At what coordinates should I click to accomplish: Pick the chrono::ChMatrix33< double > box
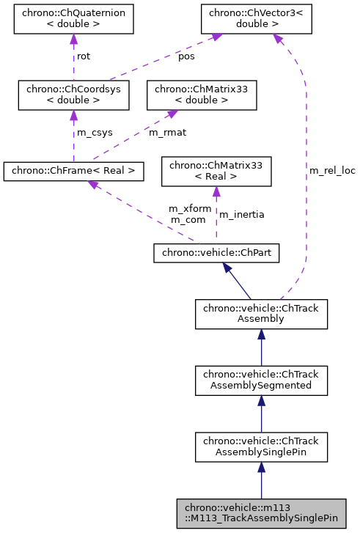(202, 95)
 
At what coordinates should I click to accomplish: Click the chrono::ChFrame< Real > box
(73, 171)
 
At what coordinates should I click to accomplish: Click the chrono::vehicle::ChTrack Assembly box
(261, 314)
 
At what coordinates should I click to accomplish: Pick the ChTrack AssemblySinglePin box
(261, 446)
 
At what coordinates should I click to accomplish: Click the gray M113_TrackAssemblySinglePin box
(261, 513)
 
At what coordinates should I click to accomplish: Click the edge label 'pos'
(187, 56)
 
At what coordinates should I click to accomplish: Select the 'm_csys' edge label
(93, 132)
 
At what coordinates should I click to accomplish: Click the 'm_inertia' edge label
(242, 214)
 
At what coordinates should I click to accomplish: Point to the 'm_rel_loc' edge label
(331, 170)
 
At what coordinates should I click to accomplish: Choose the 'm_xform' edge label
(190, 208)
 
